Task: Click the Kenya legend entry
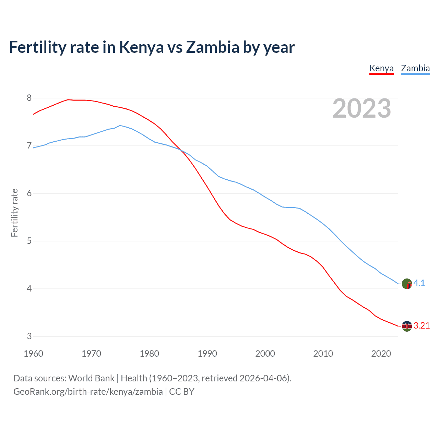[381, 68]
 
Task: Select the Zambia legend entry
[415, 68]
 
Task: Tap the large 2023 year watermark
[362, 108]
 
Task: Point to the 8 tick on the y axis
[29, 98]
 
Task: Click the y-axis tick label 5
[29, 241]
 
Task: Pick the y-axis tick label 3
[29, 336]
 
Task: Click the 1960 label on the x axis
[33, 354]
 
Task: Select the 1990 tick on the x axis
[207, 354]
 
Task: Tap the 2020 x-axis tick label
[381, 354]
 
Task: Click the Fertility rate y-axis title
[14, 213]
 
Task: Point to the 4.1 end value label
[419, 283]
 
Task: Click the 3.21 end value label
[422, 326]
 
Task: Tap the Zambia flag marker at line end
[407, 284]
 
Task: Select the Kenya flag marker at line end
[407, 326]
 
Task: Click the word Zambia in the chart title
[212, 47]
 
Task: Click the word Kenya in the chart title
[141, 47]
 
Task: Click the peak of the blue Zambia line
[120, 126]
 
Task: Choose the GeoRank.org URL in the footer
[88, 392]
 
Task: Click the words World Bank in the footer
[91, 378]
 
